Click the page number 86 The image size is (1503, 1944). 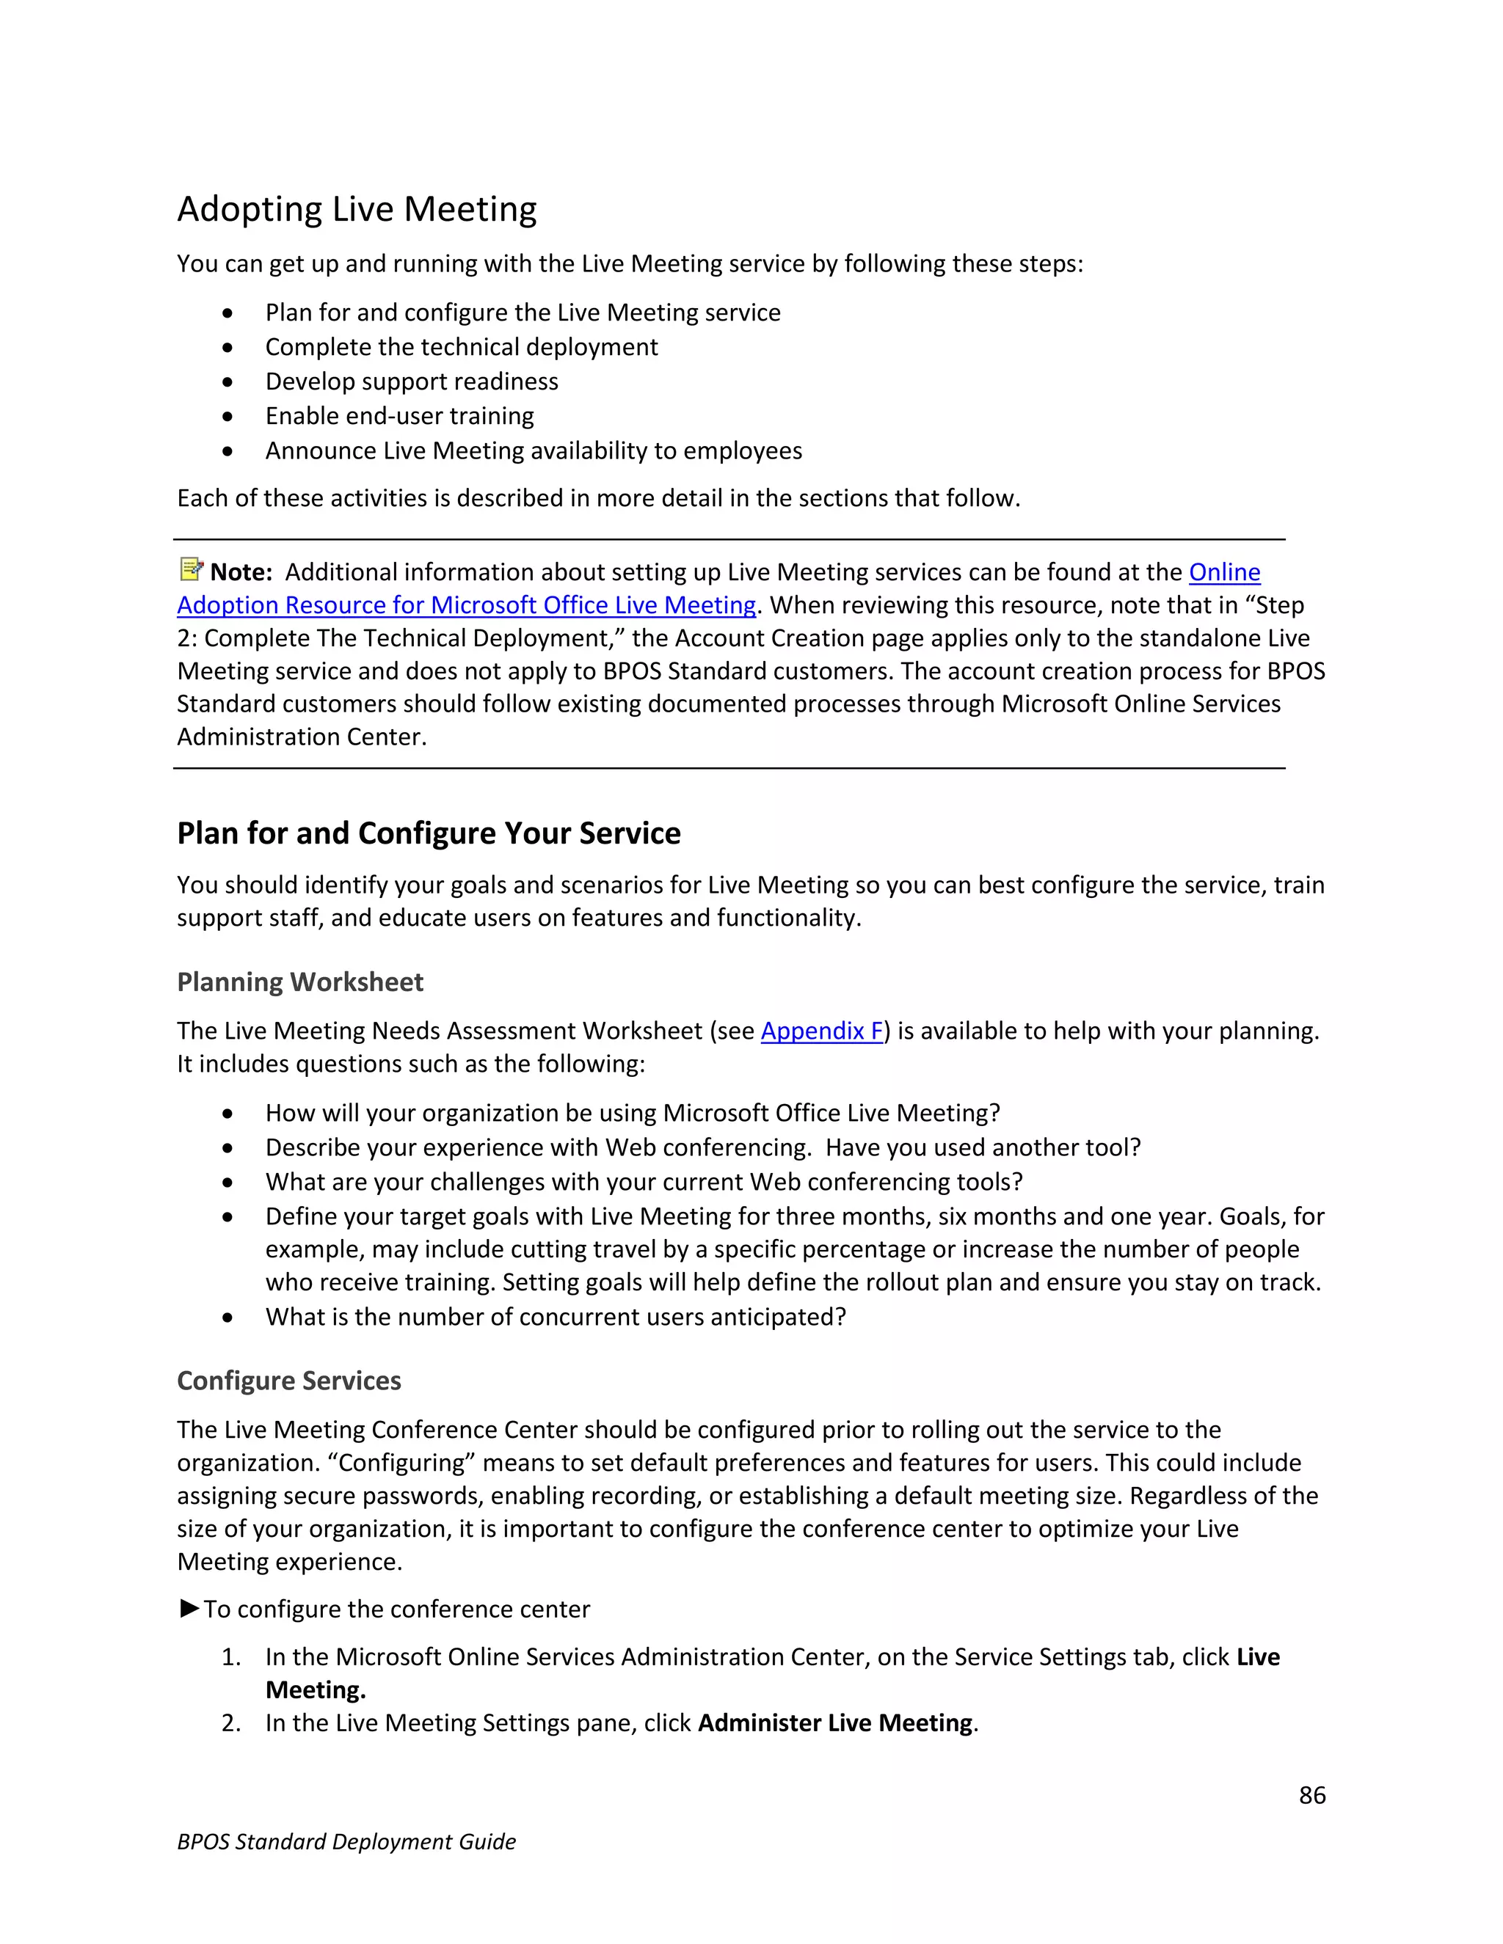tap(1311, 1794)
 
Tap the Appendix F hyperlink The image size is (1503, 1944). tap(821, 1031)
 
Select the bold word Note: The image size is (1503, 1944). tap(241, 572)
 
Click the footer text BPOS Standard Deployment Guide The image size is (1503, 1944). tap(346, 1841)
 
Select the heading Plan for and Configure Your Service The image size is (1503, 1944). tap(429, 833)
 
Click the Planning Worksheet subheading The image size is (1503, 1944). tap(300, 982)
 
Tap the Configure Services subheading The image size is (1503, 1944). tap(288, 1381)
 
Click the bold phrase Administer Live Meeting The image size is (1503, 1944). tap(834, 1723)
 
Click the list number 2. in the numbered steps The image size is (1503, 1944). tap(230, 1723)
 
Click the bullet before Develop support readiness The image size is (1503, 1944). tap(228, 382)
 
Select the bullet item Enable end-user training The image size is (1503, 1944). tap(399, 416)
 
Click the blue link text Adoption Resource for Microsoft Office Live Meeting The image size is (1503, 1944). tap(466, 605)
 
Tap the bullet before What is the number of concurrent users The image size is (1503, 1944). tap(228, 1318)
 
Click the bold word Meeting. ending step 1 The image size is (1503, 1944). tap(315, 1690)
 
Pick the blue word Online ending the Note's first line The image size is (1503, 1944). tap(1224, 572)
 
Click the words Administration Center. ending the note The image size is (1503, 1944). tap(302, 737)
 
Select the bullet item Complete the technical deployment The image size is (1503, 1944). tap(461, 347)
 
